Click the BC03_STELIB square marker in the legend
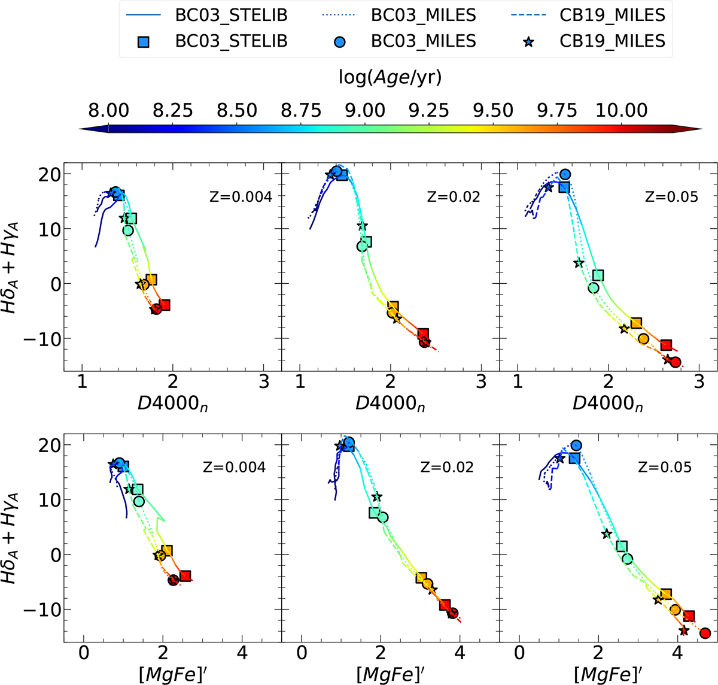point(143,41)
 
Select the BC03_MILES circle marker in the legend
point(339,41)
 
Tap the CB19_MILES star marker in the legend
point(528,41)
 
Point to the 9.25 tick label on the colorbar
point(428,111)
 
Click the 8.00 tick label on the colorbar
point(108,111)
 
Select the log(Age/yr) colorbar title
point(390,77)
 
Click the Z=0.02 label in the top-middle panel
point(454,196)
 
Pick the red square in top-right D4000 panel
point(666,345)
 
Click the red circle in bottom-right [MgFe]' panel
point(705,634)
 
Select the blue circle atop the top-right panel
point(565,174)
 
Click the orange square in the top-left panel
point(151,280)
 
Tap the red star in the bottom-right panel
point(684,631)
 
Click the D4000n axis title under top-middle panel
point(390,402)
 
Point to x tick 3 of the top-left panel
point(264,381)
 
